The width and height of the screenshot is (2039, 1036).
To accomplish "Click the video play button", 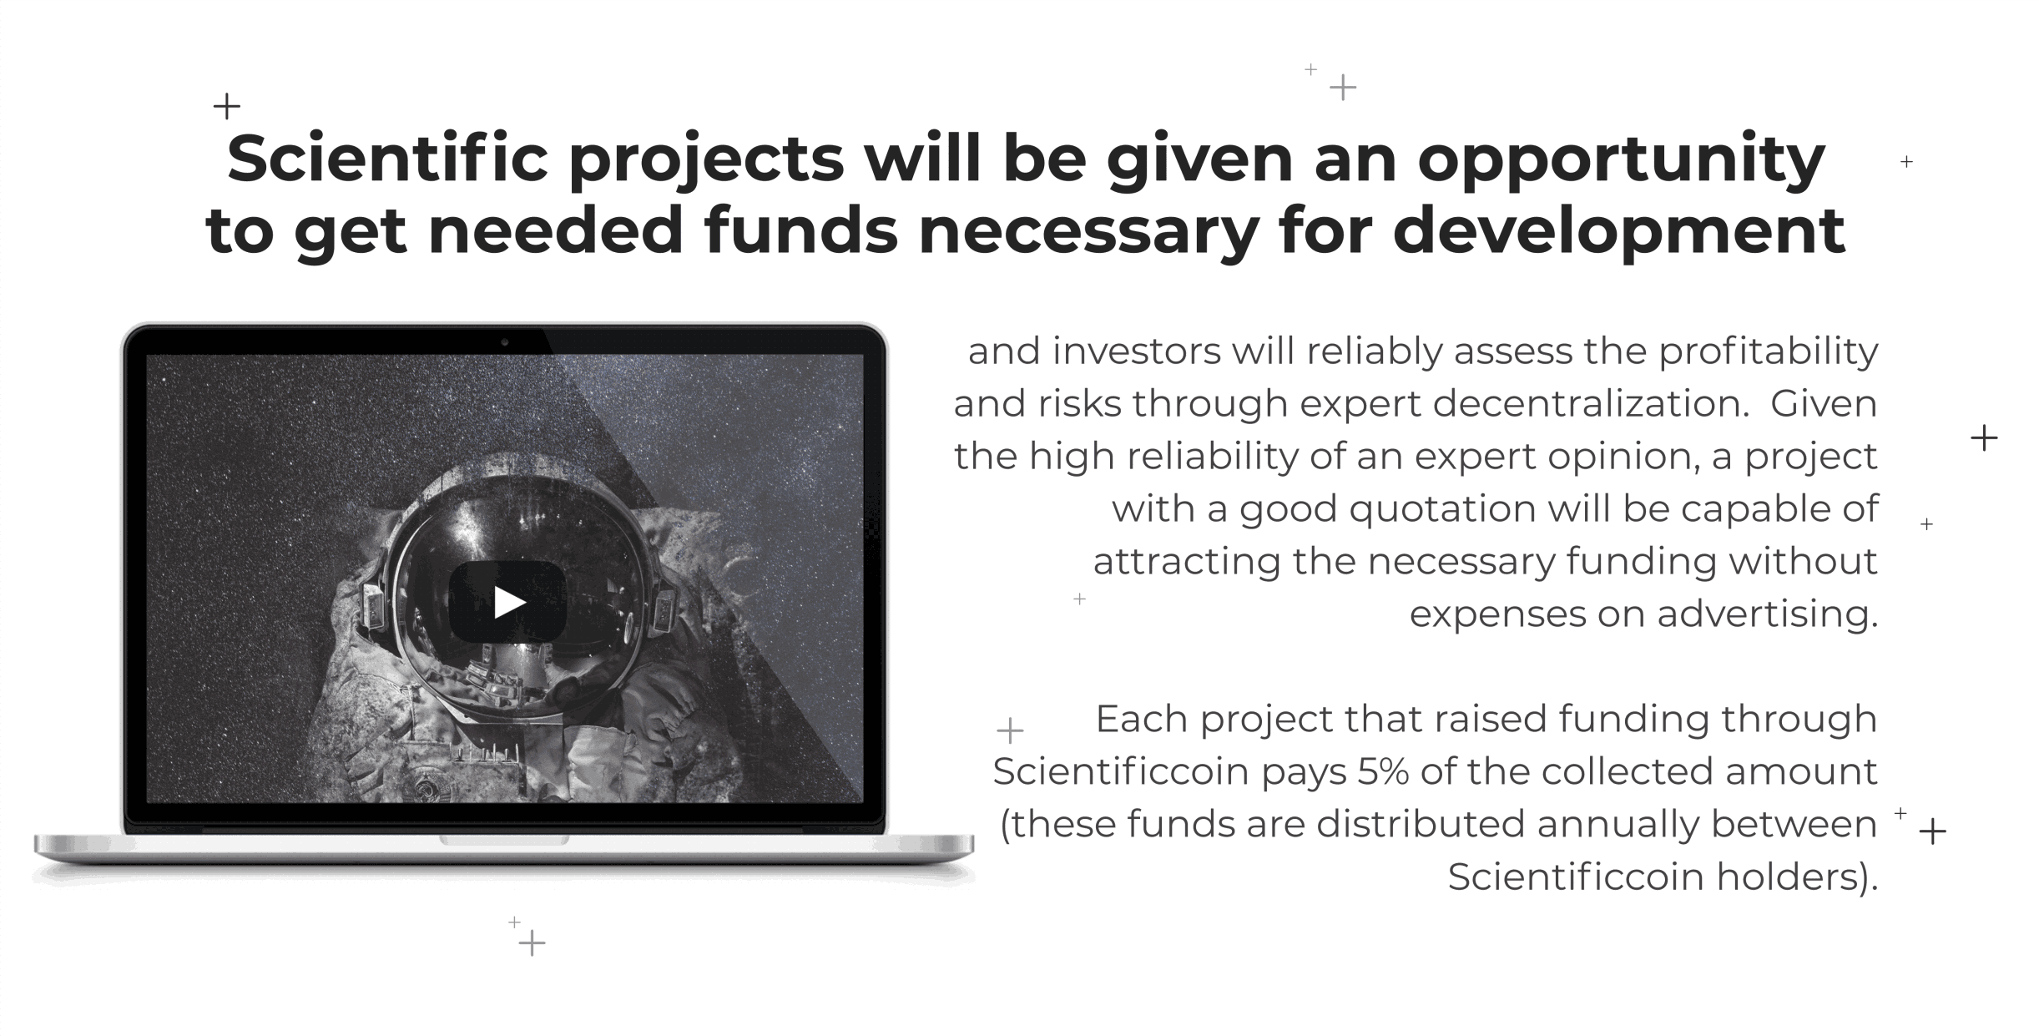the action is [x=507, y=602].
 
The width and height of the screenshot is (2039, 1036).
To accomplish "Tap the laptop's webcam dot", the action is [x=505, y=342].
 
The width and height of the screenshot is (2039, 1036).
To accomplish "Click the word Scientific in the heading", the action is [x=388, y=159].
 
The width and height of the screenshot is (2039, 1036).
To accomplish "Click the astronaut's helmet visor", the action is [x=517, y=593].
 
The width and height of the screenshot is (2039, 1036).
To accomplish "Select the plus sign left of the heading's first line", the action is [x=226, y=106].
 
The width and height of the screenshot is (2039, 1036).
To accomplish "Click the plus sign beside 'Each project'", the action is [x=1010, y=730].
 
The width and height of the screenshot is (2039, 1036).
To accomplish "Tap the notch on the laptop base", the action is [x=504, y=840].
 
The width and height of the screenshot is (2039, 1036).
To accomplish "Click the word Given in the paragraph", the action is [x=1824, y=404].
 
